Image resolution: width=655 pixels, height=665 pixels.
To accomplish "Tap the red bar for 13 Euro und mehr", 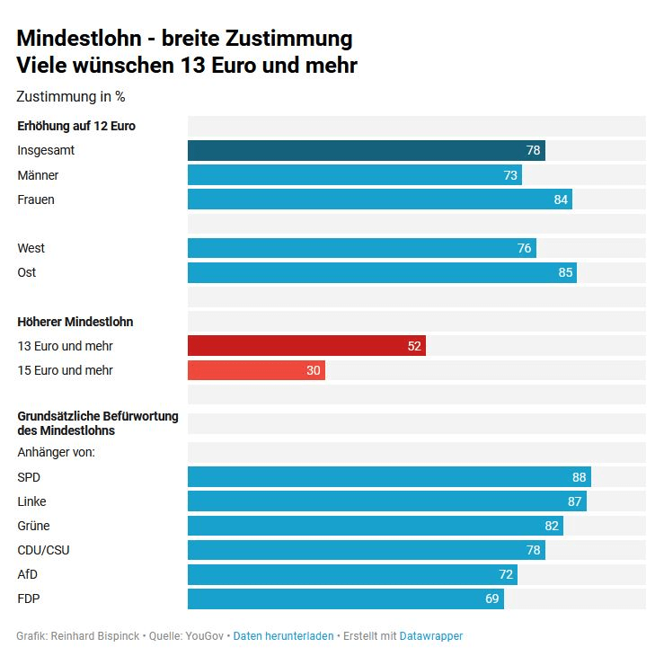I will tap(305, 345).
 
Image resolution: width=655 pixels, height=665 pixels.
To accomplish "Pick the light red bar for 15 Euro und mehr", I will tap(256, 369).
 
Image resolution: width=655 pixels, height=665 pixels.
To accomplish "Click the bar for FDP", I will tap(345, 598).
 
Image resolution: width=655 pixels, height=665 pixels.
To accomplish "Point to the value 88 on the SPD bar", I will tap(579, 477).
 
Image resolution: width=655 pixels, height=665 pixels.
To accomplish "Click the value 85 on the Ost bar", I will tap(565, 272).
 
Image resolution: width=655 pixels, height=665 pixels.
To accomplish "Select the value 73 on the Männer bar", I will tap(510, 175).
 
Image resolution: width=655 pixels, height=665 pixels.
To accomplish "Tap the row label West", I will tap(31, 248).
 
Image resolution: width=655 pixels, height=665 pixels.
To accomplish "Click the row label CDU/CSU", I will tap(43, 550).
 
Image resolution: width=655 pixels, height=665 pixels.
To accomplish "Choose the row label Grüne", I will tap(33, 526).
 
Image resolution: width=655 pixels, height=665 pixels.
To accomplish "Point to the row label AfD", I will tap(28, 574).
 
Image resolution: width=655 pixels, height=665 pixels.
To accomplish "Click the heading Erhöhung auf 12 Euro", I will tap(76, 126).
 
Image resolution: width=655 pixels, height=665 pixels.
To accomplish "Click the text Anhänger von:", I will tap(56, 452).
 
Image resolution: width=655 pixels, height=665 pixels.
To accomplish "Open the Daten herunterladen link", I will tap(283, 635).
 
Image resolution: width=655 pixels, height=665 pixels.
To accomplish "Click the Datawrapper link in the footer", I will tap(430, 635).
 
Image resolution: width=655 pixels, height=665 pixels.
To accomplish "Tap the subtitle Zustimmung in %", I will tap(71, 96).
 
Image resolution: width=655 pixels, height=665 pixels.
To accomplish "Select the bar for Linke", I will tap(386, 501).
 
